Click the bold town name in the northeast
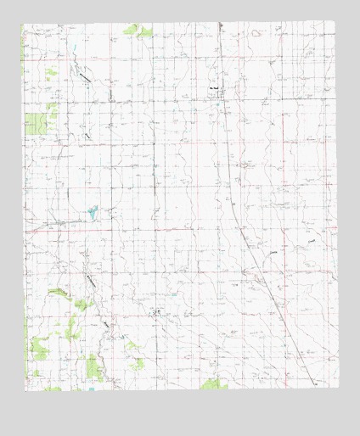[216, 87]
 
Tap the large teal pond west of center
[91, 208]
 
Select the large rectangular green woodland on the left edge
[36, 124]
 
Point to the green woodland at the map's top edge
[137, 31]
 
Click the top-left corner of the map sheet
[22, 23]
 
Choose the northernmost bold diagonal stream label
[86, 75]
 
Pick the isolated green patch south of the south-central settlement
[138, 363]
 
